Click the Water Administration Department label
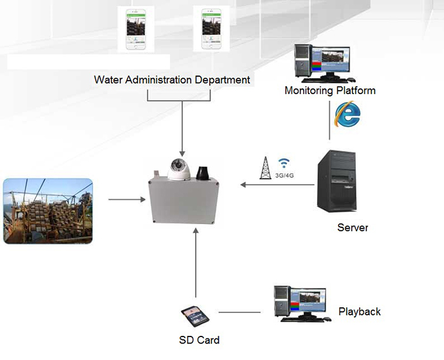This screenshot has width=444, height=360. click(x=172, y=80)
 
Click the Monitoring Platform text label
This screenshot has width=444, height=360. click(x=330, y=91)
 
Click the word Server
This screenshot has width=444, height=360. click(x=353, y=227)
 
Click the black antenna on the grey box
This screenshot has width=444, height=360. click(x=205, y=172)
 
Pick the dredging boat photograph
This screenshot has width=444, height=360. click(x=48, y=211)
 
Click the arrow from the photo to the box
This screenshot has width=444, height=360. click(x=124, y=201)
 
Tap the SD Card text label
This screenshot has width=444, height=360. click(x=199, y=340)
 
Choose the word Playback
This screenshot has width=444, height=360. click(x=360, y=312)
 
